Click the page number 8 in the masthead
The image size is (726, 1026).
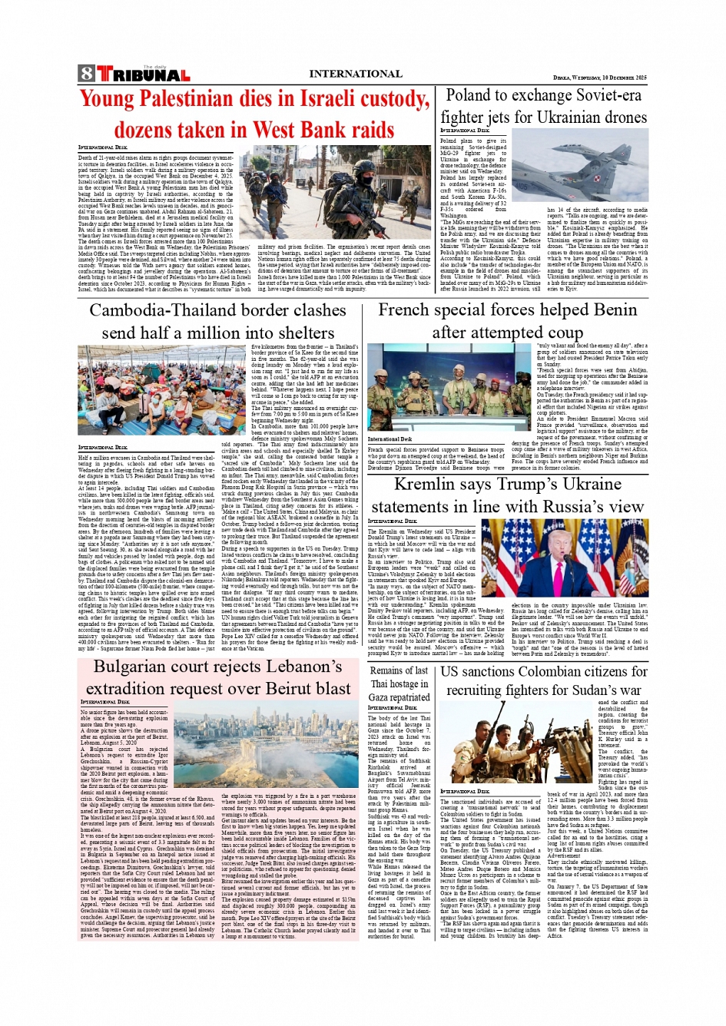click(x=86, y=74)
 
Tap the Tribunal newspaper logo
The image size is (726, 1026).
click(x=143, y=74)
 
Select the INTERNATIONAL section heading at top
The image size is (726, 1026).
click(x=355, y=74)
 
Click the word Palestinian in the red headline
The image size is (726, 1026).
click(x=189, y=99)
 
